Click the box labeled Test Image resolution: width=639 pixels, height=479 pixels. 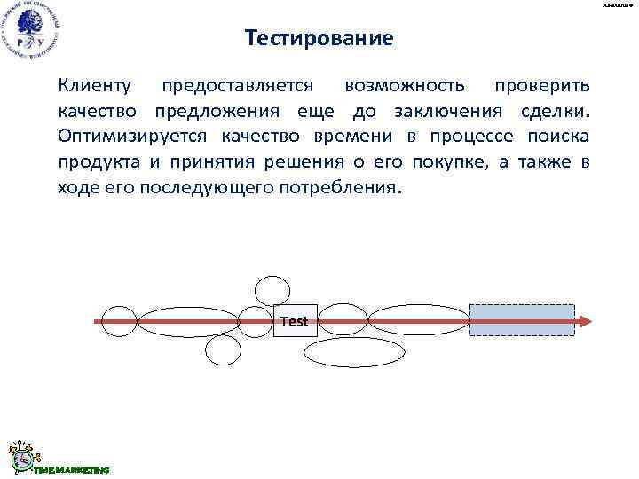(x=294, y=321)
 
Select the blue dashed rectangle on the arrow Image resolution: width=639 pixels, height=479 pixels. (x=522, y=320)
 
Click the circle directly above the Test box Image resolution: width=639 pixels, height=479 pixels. (x=272, y=291)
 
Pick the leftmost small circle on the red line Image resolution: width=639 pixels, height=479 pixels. (x=119, y=321)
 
